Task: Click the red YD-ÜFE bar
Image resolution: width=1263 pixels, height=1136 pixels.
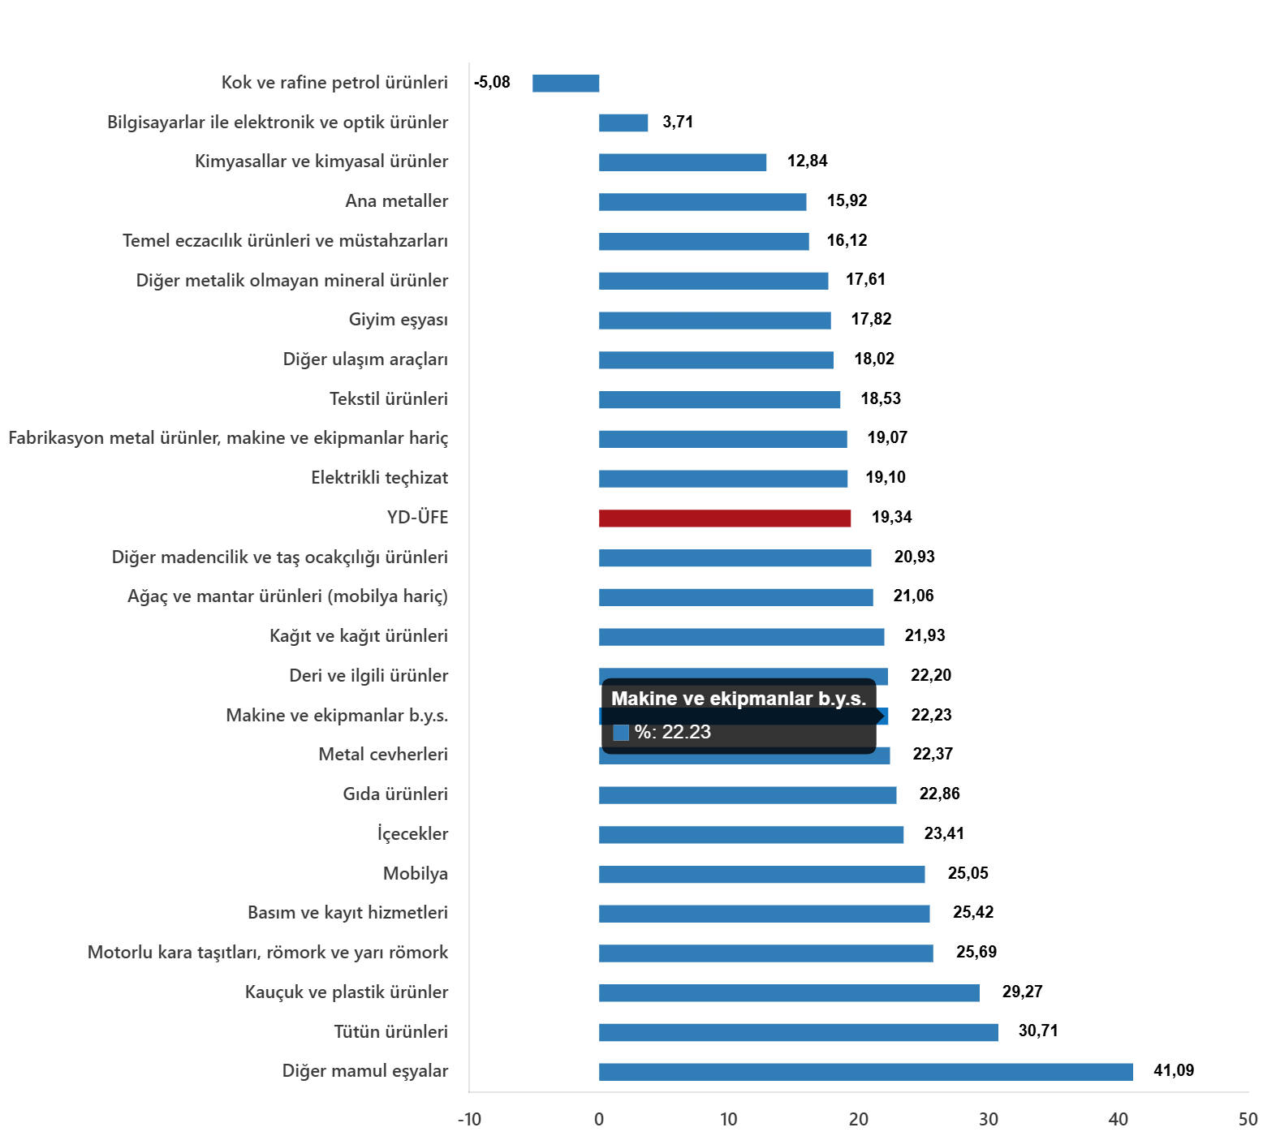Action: [x=725, y=519]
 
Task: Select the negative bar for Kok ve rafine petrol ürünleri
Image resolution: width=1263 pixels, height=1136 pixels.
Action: [x=566, y=84]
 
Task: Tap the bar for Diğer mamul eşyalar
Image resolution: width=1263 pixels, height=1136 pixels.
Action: [x=865, y=1072]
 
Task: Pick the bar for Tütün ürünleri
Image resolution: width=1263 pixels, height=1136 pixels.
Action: [x=798, y=1032]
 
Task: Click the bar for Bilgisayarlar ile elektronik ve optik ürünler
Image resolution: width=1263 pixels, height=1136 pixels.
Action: [x=623, y=123]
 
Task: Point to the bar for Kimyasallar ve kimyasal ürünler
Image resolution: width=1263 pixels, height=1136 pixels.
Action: [x=683, y=162]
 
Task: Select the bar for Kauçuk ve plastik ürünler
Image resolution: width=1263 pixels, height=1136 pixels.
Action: [x=789, y=993]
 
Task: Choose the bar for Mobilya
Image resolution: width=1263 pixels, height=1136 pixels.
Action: [x=761, y=875]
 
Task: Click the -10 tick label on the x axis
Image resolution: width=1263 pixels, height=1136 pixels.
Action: [x=469, y=1120]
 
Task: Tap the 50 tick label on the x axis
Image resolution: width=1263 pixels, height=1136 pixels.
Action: [x=1248, y=1120]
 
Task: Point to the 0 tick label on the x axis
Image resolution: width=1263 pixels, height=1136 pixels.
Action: [x=599, y=1120]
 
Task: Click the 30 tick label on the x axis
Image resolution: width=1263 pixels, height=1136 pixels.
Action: [x=988, y=1120]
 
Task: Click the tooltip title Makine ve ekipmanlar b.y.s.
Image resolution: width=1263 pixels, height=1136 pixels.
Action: [x=738, y=699]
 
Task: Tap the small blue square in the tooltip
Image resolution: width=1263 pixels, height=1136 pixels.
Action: [x=621, y=733]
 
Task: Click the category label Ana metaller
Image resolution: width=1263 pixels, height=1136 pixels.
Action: [x=396, y=201]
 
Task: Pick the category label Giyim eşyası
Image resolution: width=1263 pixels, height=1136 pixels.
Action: [x=398, y=320]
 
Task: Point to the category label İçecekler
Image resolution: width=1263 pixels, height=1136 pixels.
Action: [x=412, y=834]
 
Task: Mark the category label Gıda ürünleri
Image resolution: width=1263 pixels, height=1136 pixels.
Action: [x=395, y=794]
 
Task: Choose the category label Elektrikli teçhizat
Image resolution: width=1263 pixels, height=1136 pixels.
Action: [x=379, y=478]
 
